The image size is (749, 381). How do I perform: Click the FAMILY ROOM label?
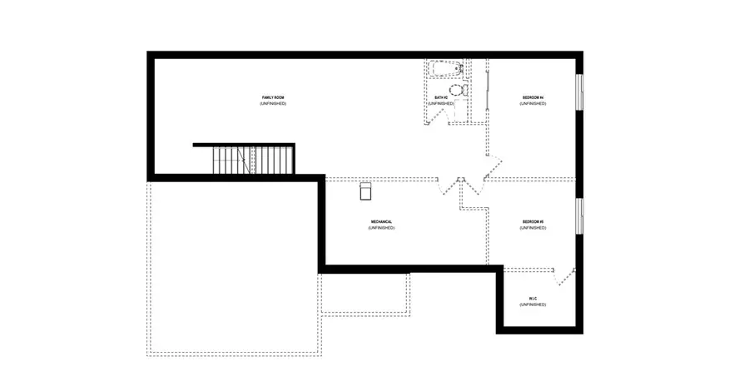[x=272, y=98]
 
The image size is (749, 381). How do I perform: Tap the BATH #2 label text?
[x=441, y=98]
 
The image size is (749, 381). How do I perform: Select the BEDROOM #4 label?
[x=533, y=98]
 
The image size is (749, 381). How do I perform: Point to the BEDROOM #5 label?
[x=533, y=221]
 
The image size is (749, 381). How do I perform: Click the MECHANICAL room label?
[x=381, y=221]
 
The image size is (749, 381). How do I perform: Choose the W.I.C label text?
[x=533, y=299]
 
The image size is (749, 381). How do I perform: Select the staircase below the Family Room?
[x=253, y=160]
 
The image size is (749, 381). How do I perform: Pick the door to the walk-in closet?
[x=566, y=276]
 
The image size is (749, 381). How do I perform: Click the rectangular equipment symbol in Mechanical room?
[x=365, y=191]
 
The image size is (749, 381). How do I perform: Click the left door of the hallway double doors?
[x=447, y=187]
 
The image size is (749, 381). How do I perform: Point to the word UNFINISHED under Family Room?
[x=272, y=104]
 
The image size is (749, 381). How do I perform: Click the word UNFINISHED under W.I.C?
[x=533, y=305]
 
